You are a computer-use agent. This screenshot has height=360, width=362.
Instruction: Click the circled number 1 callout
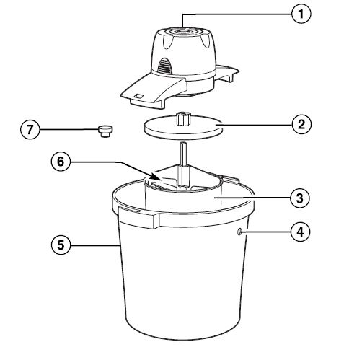click(x=301, y=12)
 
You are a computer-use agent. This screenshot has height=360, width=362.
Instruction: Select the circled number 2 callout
click(x=301, y=123)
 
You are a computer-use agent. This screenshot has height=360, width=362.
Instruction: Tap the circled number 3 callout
click(x=301, y=196)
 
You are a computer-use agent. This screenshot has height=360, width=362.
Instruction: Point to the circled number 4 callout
click(x=301, y=232)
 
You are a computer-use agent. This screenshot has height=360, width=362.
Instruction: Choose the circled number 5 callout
click(x=62, y=245)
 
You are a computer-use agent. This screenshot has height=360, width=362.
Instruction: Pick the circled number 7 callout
click(x=29, y=130)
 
